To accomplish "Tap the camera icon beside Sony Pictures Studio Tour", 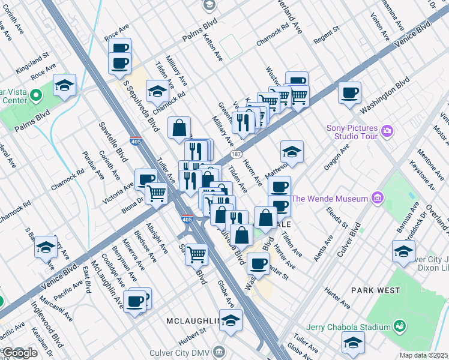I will click(x=388, y=131).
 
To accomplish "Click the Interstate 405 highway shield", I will click(x=187, y=220).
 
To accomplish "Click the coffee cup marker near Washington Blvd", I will click(x=349, y=93).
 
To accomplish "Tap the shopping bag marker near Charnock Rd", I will click(x=179, y=128).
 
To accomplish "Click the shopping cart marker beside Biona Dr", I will click(x=156, y=194).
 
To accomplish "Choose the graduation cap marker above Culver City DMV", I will click(x=231, y=321).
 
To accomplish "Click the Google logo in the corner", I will click(x=20, y=353).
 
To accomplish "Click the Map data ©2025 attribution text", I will click(x=423, y=355).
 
